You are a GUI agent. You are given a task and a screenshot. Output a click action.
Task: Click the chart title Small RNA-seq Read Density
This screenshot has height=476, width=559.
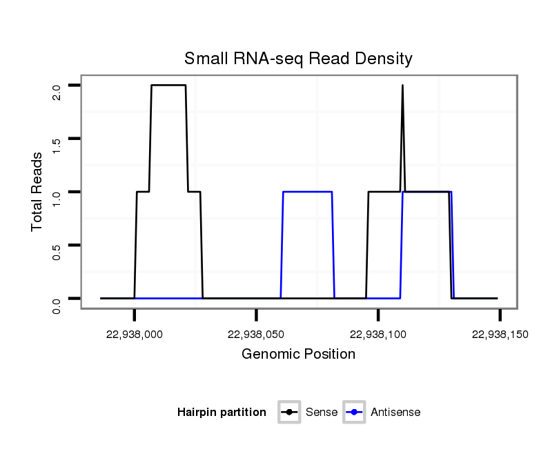pos(298,59)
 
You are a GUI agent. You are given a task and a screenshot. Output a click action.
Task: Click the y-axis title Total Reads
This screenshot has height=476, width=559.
pos(37,191)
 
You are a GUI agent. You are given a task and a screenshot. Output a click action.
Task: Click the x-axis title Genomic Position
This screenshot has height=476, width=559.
pos(298,355)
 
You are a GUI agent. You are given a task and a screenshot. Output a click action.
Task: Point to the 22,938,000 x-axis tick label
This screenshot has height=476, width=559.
pos(135,334)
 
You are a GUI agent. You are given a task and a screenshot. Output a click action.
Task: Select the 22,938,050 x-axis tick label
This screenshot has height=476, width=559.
pos(256,334)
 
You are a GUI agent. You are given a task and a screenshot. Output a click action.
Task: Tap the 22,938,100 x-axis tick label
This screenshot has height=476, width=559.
pos(378,334)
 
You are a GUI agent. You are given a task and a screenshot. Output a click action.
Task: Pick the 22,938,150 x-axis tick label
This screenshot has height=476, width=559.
pos(500,334)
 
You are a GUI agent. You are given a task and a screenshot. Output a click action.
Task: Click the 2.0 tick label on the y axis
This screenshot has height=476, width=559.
pos(57,92)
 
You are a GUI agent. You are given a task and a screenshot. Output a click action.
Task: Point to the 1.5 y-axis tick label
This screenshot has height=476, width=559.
pos(57,146)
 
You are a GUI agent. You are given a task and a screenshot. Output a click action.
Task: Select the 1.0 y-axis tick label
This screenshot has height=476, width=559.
pos(57,199)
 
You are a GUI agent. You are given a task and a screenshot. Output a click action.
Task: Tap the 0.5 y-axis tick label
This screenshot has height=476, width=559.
pos(57,252)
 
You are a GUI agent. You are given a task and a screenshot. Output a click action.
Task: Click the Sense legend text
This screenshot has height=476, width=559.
pos(322,413)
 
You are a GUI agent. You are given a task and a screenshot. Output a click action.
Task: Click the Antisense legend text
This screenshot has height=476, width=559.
pos(395,413)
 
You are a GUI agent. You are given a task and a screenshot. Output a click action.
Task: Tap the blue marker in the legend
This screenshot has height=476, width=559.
pos(354,413)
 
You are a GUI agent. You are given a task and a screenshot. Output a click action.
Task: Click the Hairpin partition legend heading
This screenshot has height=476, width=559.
pos(222,413)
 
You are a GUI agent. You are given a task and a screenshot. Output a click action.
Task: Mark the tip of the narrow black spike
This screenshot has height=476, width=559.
pos(402,86)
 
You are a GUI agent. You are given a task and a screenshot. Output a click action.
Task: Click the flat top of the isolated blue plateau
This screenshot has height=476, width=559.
pos(308,192)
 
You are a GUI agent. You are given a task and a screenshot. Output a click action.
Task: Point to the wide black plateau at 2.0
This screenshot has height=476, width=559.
pos(168,85)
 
